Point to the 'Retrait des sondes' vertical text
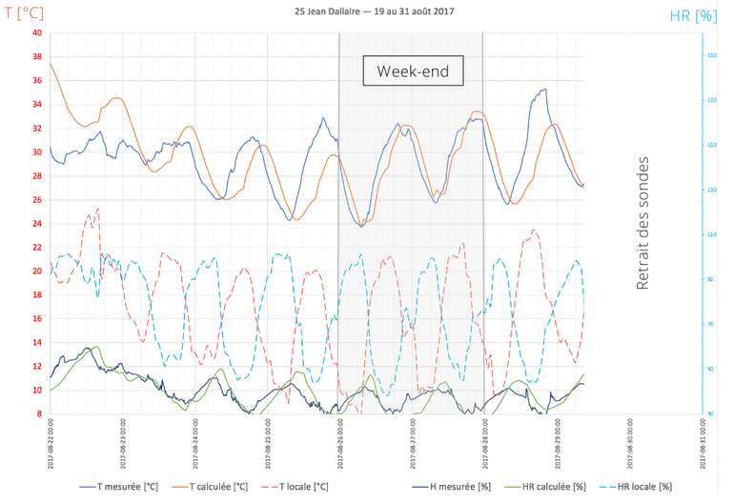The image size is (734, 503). click(643, 223)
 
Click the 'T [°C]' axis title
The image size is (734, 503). click(25, 13)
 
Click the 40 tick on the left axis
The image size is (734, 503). click(37, 32)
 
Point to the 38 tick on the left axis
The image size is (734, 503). click(37, 56)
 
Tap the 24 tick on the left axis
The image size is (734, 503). click(37, 224)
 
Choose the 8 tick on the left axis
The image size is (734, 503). click(39, 414)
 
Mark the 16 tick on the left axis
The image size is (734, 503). click(37, 319)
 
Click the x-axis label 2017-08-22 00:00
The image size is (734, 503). click(51, 442)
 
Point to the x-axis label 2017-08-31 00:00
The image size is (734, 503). click(702, 442)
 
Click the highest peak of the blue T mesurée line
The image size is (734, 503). click(544, 90)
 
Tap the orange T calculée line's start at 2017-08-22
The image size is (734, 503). click(51, 64)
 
